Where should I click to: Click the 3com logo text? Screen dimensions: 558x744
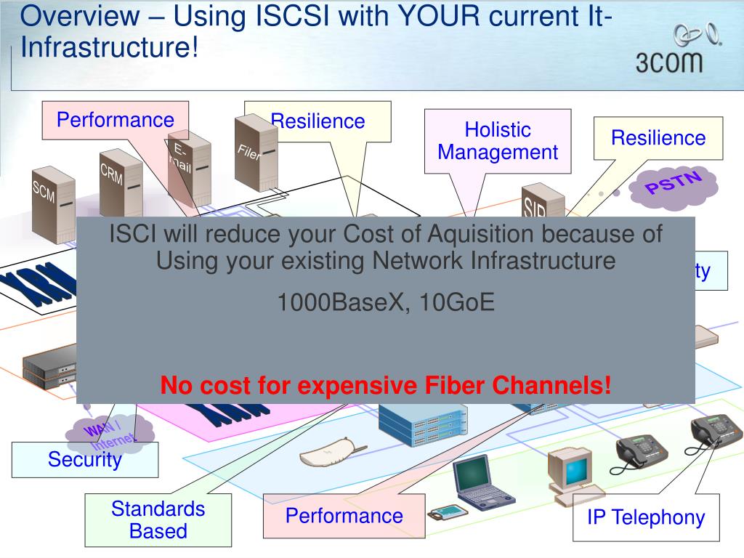tap(669, 61)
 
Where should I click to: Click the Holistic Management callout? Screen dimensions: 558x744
tap(498, 141)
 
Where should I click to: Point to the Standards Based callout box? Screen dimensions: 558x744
tap(158, 520)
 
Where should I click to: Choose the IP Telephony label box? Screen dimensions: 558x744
tap(646, 517)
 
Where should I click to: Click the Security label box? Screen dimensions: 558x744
tap(85, 460)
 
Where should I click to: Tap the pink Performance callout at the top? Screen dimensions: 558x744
tap(116, 120)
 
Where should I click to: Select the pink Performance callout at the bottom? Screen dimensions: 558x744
tap(344, 516)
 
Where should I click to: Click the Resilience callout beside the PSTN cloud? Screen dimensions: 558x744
tap(658, 138)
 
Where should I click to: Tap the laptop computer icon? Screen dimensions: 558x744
tap(482, 483)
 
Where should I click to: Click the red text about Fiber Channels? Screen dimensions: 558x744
tap(386, 385)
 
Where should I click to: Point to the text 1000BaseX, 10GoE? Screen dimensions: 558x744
tap(386, 302)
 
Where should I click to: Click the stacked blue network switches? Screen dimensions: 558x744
tap(422, 423)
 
